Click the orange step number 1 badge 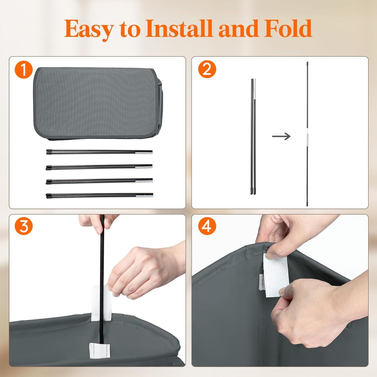(24, 70)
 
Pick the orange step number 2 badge (207, 70)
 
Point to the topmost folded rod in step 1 (99, 152)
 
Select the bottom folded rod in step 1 (99, 195)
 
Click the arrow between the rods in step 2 (281, 136)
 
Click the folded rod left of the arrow (253, 137)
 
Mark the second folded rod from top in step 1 (99, 167)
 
